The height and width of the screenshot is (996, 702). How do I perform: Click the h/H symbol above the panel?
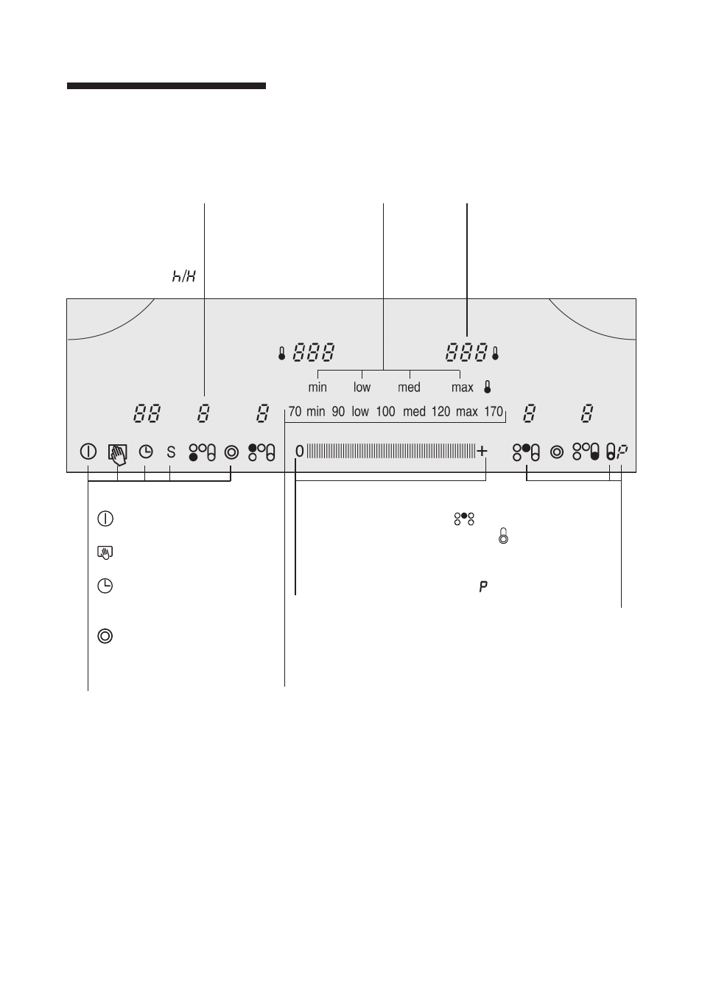pyautogui.click(x=183, y=276)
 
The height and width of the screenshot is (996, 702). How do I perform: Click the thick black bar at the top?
pyautogui.click(x=166, y=85)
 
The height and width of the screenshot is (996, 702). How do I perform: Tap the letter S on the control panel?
pyautogui.click(x=171, y=452)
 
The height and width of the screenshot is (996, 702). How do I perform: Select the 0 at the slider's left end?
pyautogui.click(x=299, y=452)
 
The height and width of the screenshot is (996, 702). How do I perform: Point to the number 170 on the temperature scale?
pyautogui.click(x=494, y=412)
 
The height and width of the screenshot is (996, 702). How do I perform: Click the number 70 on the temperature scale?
pyautogui.click(x=295, y=412)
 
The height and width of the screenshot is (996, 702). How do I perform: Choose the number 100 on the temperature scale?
pyautogui.click(x=385, y=412)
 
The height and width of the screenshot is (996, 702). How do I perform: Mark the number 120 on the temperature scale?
pyautogui.click(x=440, y=412)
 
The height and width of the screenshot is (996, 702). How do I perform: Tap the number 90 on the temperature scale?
pyautogui.click(x=338, y=412)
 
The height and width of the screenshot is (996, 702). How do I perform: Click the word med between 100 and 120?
pyautogui.click(x=415, y=412)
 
